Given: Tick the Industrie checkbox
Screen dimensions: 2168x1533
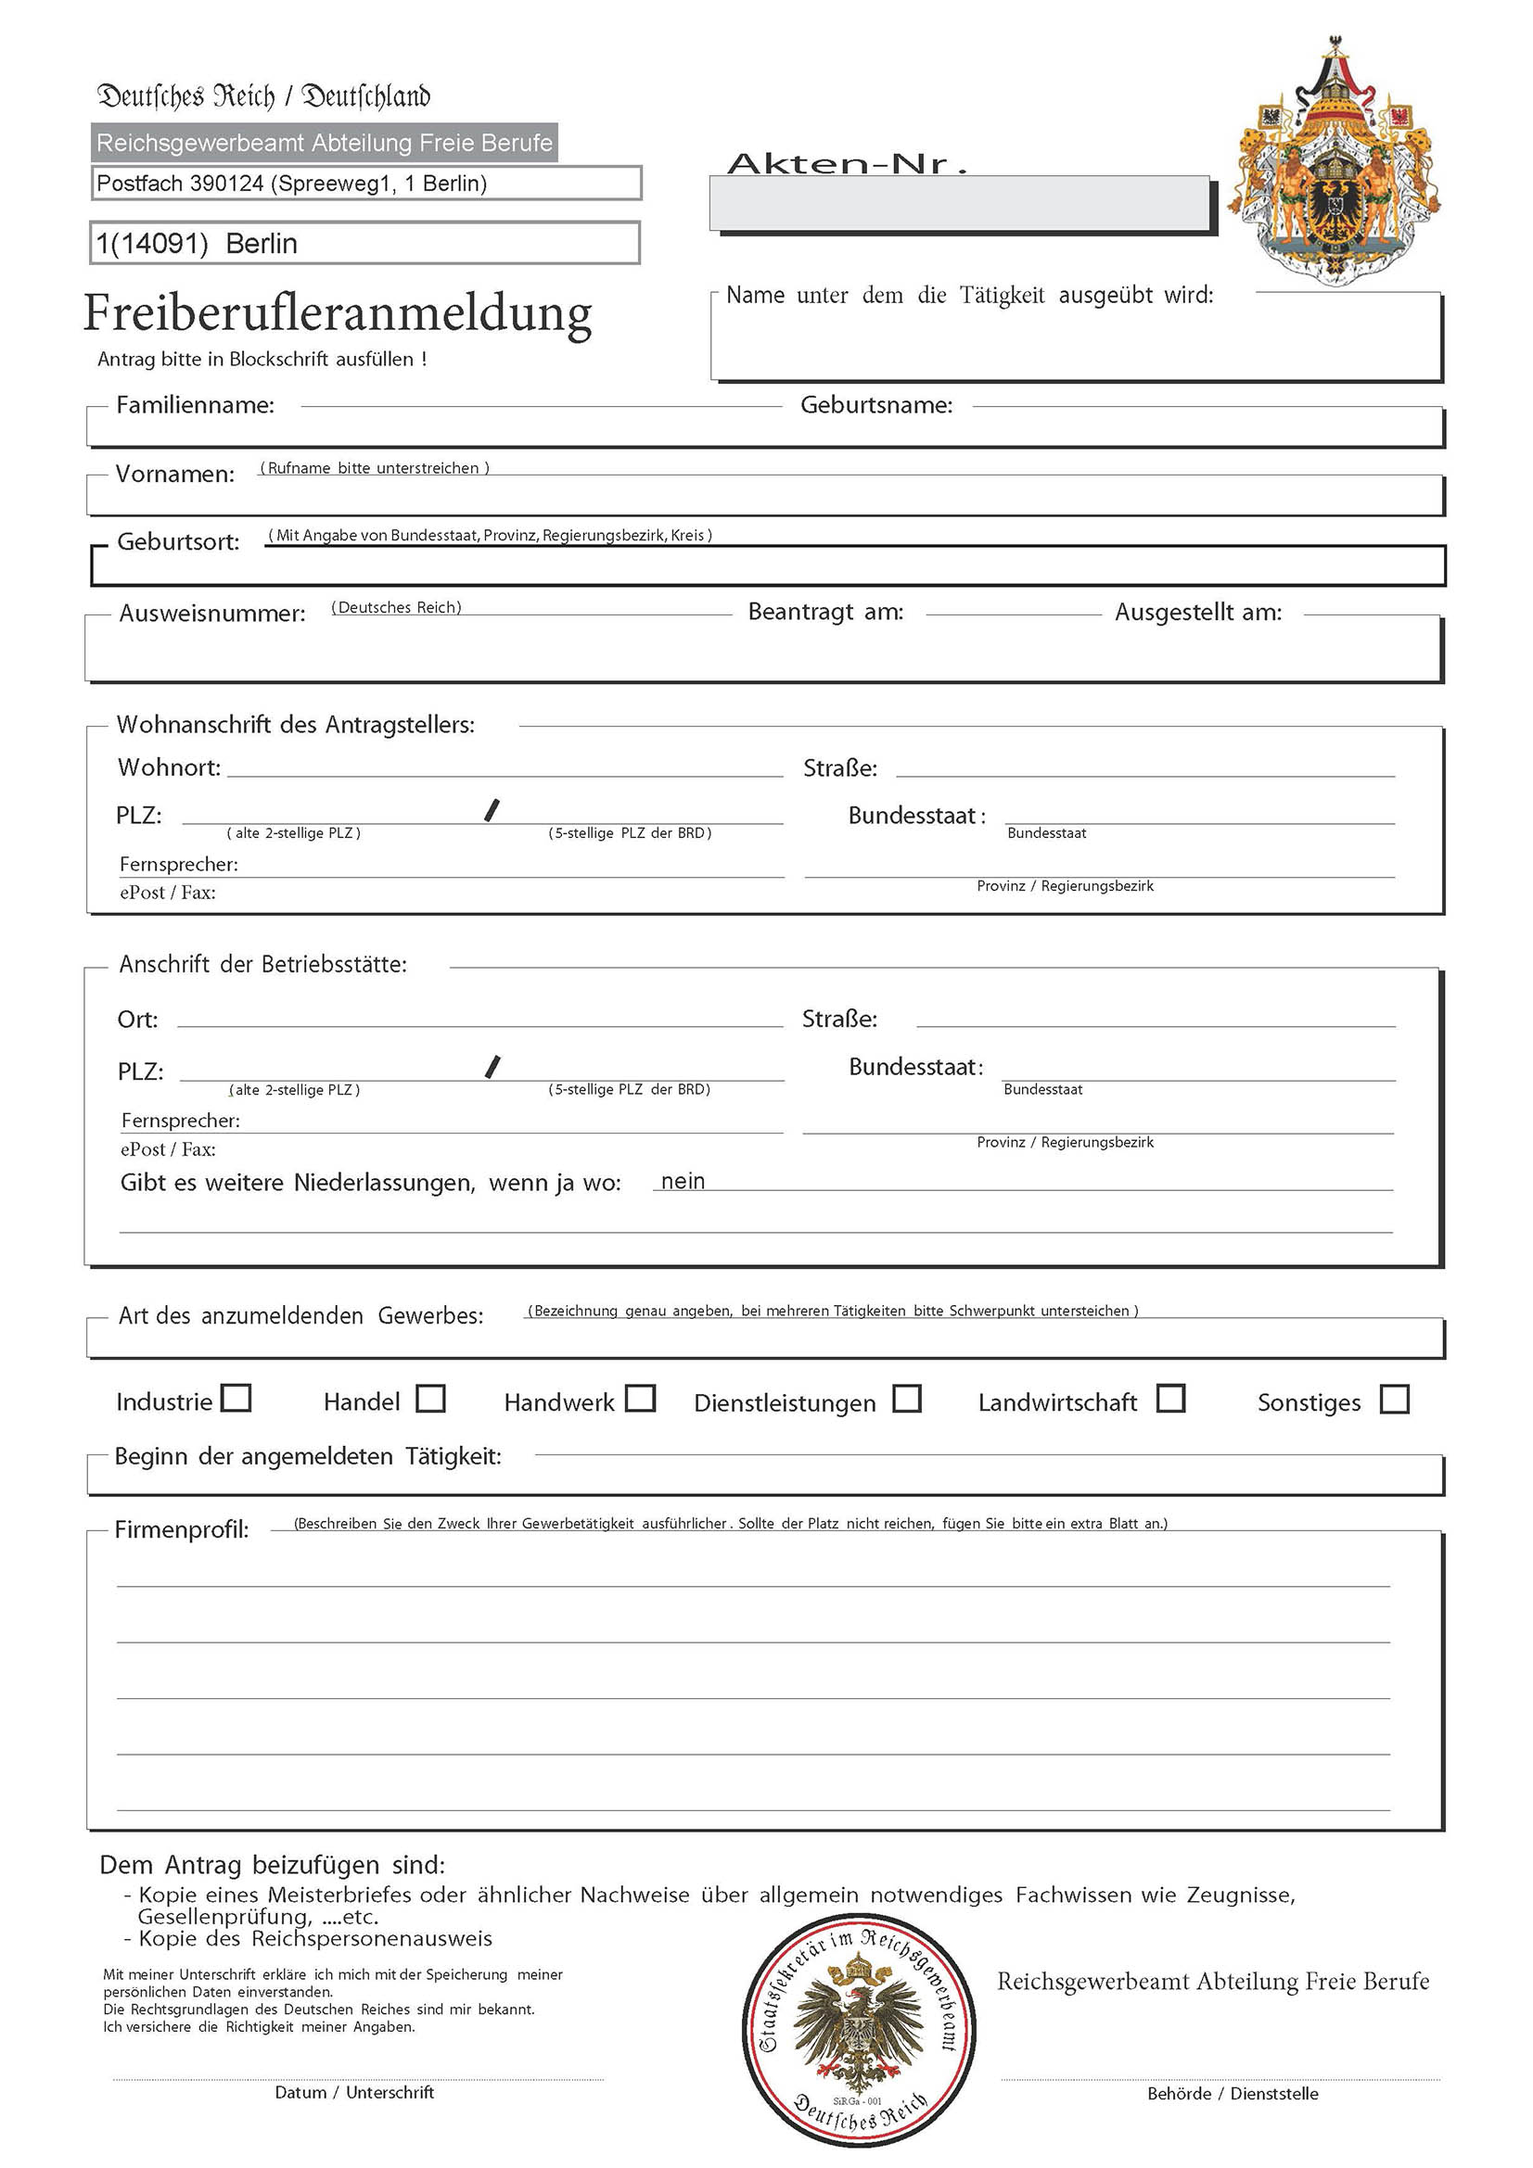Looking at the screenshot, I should [x=236, y=1398].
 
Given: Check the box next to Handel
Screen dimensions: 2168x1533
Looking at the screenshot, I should [x=430, y=1399].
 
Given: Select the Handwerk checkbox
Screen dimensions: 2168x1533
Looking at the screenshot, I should [x=641, y=1398].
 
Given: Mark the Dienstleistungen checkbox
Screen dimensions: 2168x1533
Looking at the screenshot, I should [x=907, y=1399].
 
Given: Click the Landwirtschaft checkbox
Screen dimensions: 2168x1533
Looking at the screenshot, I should [x=1171, y=1399].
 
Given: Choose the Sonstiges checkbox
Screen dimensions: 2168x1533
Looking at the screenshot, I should [x=1394, y=1400].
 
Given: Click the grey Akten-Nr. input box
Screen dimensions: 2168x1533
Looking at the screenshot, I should [x=959, y=203].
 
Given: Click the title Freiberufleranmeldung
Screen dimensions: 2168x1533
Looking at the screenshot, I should [x=338, y=313].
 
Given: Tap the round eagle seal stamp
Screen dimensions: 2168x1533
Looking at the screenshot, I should [x=859, y=2030].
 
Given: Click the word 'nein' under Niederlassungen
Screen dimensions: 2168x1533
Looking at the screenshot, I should [x=683, y=1181].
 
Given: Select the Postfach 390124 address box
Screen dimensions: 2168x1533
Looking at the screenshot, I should [x=366, y=184].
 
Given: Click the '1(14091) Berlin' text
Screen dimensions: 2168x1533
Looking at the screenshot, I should [x=198, y=244].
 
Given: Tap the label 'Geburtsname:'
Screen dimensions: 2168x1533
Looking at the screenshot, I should [x=876, y=405].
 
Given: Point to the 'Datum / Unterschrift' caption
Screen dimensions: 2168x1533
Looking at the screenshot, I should [x=354, y=2093].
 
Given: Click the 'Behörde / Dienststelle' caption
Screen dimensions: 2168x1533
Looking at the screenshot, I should [x=1233, y=2094].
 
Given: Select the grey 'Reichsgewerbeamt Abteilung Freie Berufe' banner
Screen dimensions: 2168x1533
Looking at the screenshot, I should [x=324, y=143].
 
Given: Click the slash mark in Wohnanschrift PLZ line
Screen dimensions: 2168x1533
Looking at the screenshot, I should [x=492, y=810].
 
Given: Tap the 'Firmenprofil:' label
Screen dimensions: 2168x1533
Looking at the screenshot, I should [x=183, y=1529].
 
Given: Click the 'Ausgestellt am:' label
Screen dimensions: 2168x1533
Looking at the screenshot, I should [x=1197, y=612].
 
